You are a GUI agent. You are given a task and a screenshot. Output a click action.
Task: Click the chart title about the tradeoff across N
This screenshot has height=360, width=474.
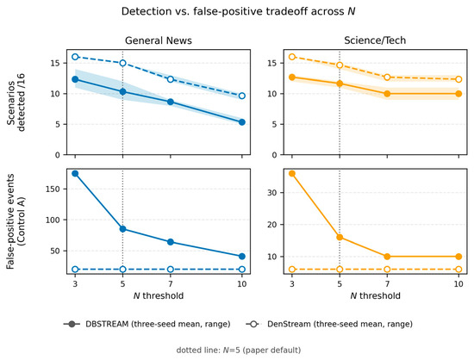(x=238, y=11)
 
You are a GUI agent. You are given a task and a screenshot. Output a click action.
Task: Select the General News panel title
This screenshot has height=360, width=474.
(x=159, y=40)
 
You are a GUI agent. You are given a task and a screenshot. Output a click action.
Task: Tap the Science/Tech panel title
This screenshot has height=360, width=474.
(x=375, y=40)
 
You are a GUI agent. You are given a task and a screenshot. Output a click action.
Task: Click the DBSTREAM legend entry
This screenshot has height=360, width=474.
(x=147, y=324)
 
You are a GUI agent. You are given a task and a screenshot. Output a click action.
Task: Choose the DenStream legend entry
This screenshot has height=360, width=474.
(x=329, y=324)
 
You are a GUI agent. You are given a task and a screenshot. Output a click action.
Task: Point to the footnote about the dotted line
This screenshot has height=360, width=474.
(x=239, y=350)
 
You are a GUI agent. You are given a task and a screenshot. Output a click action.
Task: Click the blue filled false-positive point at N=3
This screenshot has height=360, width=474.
(x=75, y=173)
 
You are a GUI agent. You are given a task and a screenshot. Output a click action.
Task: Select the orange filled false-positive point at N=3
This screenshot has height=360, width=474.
(x=292, y=173)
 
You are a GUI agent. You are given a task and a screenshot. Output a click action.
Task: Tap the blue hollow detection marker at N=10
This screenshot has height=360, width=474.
(x=242, y=96)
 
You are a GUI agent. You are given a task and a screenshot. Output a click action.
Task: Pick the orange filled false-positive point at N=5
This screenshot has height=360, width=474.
(x=340, y=237)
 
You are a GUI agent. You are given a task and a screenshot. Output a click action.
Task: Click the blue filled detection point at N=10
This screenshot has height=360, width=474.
(x=242, y=122)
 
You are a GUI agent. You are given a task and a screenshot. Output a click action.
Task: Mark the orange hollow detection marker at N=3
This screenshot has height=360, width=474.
(x=292, y=57)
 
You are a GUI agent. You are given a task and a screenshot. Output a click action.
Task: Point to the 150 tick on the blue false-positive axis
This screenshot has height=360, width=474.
(x=58, y=189)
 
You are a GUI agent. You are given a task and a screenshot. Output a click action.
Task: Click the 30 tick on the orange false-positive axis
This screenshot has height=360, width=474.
(x=273, y=192)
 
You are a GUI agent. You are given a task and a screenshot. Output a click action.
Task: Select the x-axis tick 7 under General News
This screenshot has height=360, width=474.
(x=171, y=284)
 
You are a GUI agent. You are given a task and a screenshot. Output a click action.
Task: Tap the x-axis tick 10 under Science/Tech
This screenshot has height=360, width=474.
(x=458, y=284)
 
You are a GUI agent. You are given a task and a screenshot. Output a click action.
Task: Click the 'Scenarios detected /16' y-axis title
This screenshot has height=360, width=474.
(x=16, y=102)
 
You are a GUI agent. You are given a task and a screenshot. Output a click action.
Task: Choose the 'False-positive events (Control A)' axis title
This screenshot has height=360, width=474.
(x=16, y=221)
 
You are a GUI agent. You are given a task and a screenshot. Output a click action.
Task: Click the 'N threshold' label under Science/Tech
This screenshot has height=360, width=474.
(x=375, y=295)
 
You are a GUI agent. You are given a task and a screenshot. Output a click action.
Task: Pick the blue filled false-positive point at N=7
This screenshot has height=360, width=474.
(x=171, y=242)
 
